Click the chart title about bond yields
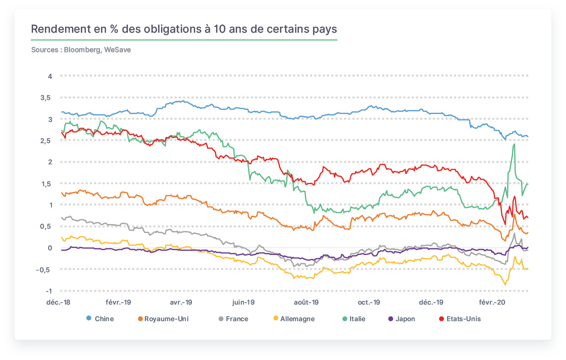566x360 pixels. pos(184,29)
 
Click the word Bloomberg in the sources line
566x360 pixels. pos(83,50)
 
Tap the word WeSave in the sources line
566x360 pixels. pos(118,50)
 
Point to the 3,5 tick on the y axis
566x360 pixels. pos(46,97)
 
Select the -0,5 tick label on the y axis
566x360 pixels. pos(43,270)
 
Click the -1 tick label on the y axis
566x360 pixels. pos(49,291)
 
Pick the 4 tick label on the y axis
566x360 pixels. pos(50,76)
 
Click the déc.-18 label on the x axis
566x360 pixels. pos(58,302)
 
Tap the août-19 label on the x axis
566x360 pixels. pos(306,302)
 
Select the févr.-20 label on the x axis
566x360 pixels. pos(492,302)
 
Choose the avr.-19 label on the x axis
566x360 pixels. pos(181,302)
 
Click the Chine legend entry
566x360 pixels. pos(100,319)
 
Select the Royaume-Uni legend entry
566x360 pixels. pos(163,319)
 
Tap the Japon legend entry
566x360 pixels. pos(401,319)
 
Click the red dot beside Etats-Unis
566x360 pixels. pos(441,319)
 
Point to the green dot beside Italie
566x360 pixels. pos(345,319)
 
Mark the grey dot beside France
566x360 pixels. pos(221,319)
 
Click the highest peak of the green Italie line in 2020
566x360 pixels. pos(514,144)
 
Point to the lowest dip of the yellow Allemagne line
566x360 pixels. pos(505,285)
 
